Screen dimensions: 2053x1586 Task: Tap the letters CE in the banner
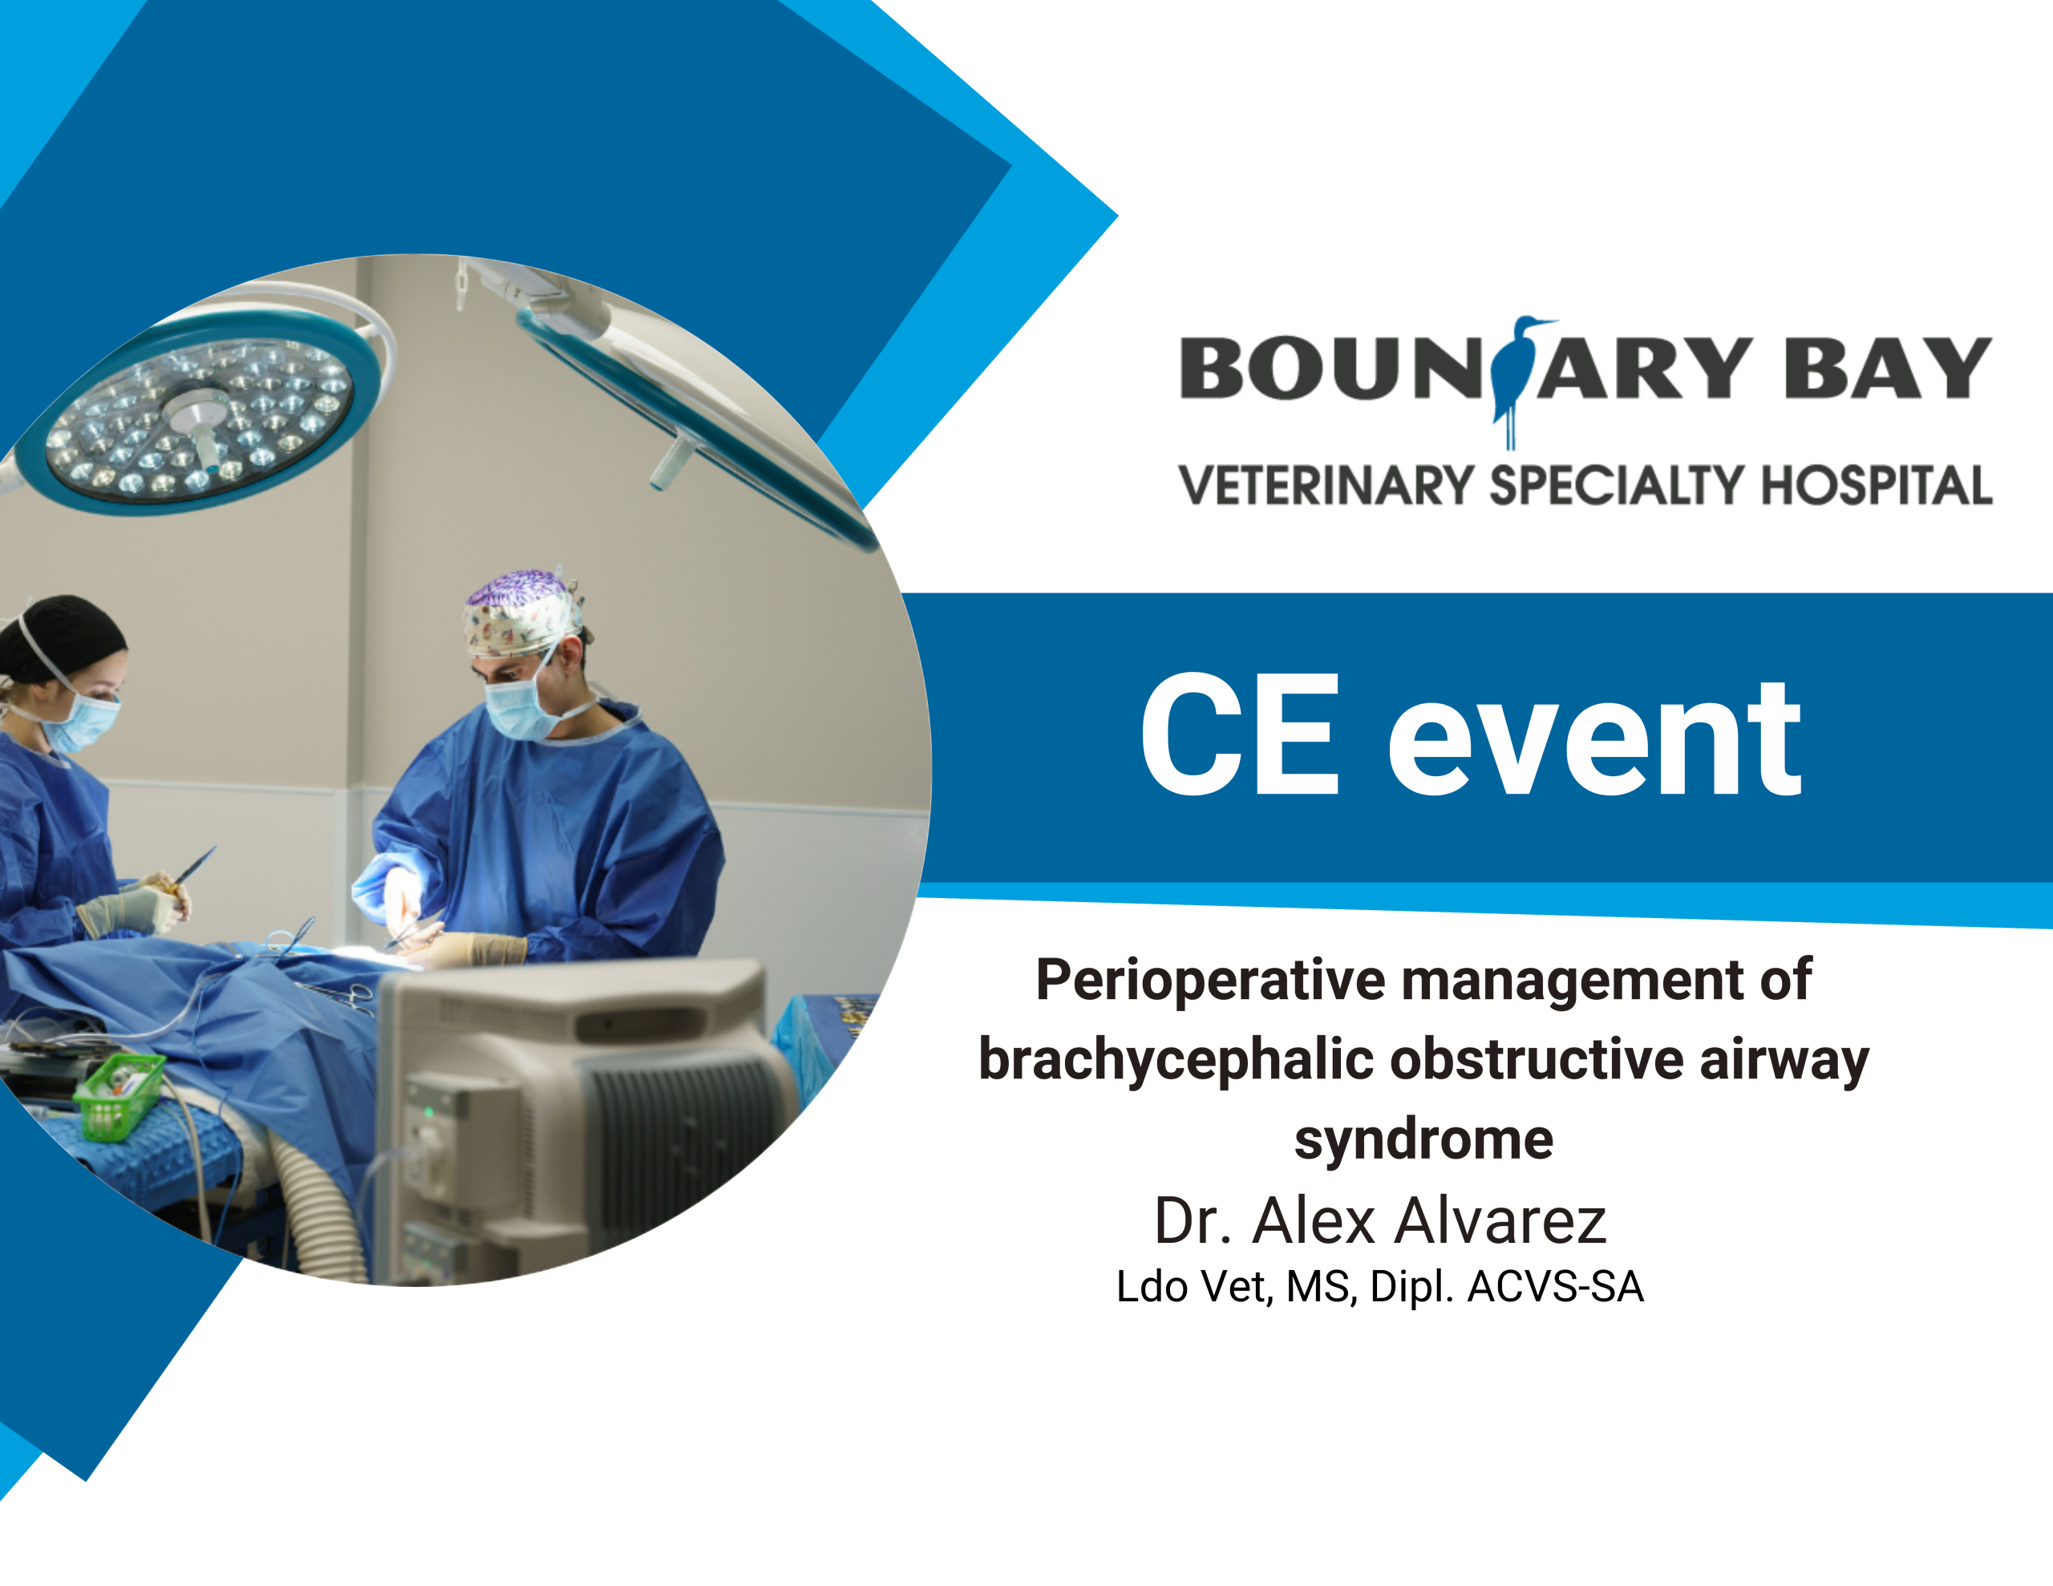click(1240, 734)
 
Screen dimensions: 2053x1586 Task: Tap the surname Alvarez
click(1500, 1220)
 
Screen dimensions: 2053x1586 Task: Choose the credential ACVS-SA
click(1556, 1287)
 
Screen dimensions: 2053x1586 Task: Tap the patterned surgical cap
click(523, 612)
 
